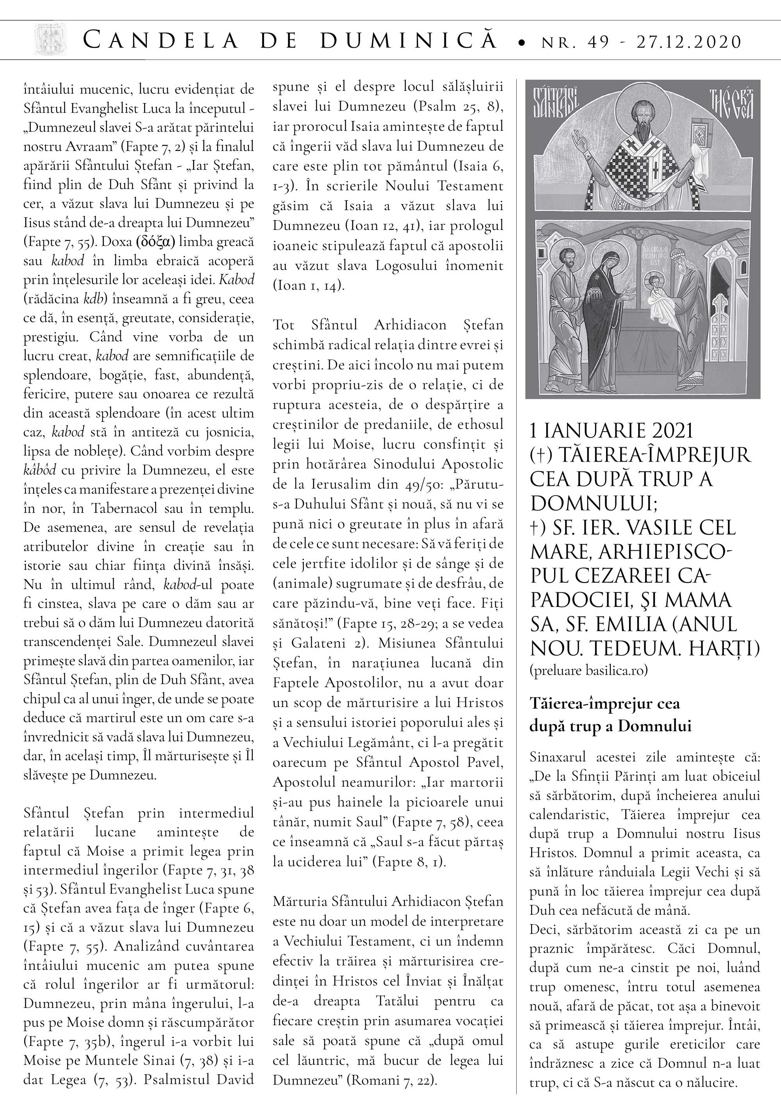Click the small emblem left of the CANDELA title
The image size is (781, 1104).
tap(50, 40)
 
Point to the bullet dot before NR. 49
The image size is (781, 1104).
tap(522, 44)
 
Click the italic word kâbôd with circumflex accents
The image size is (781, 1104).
tap(39, 470)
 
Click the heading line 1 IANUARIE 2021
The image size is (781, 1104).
tap(611, 431)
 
